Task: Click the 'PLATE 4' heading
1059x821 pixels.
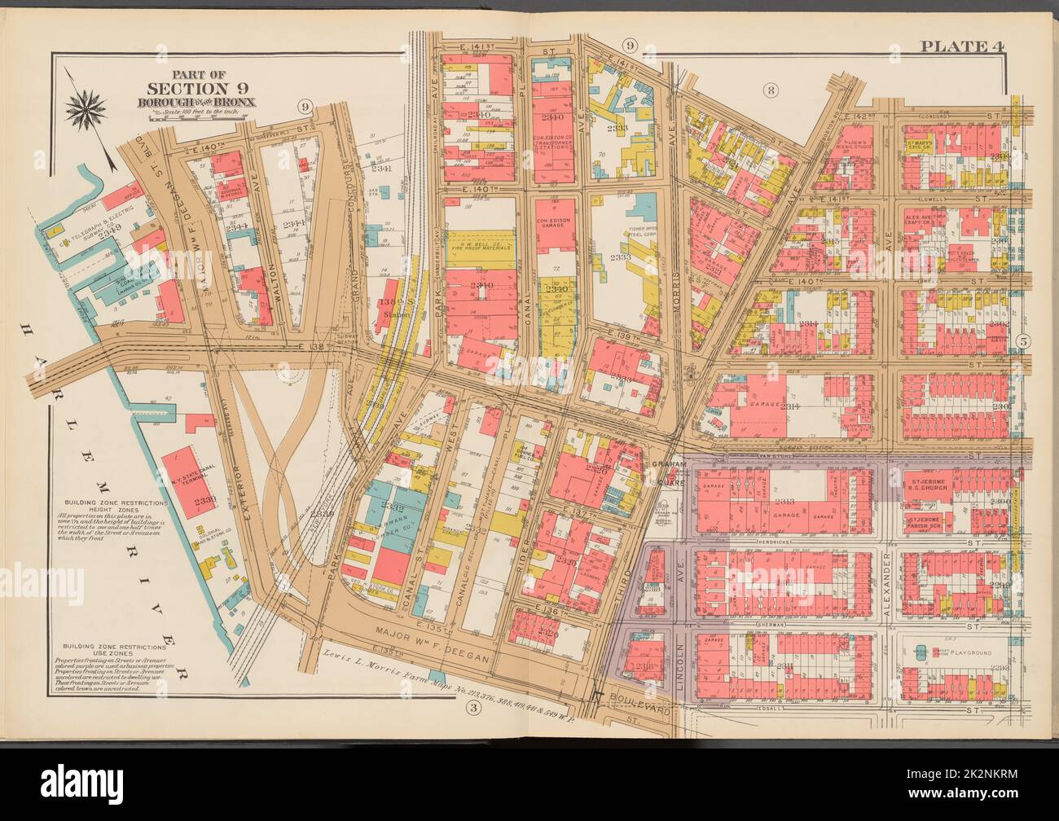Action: click(x=962, y=46)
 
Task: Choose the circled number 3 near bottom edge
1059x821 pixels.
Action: click(x=472, y=707)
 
